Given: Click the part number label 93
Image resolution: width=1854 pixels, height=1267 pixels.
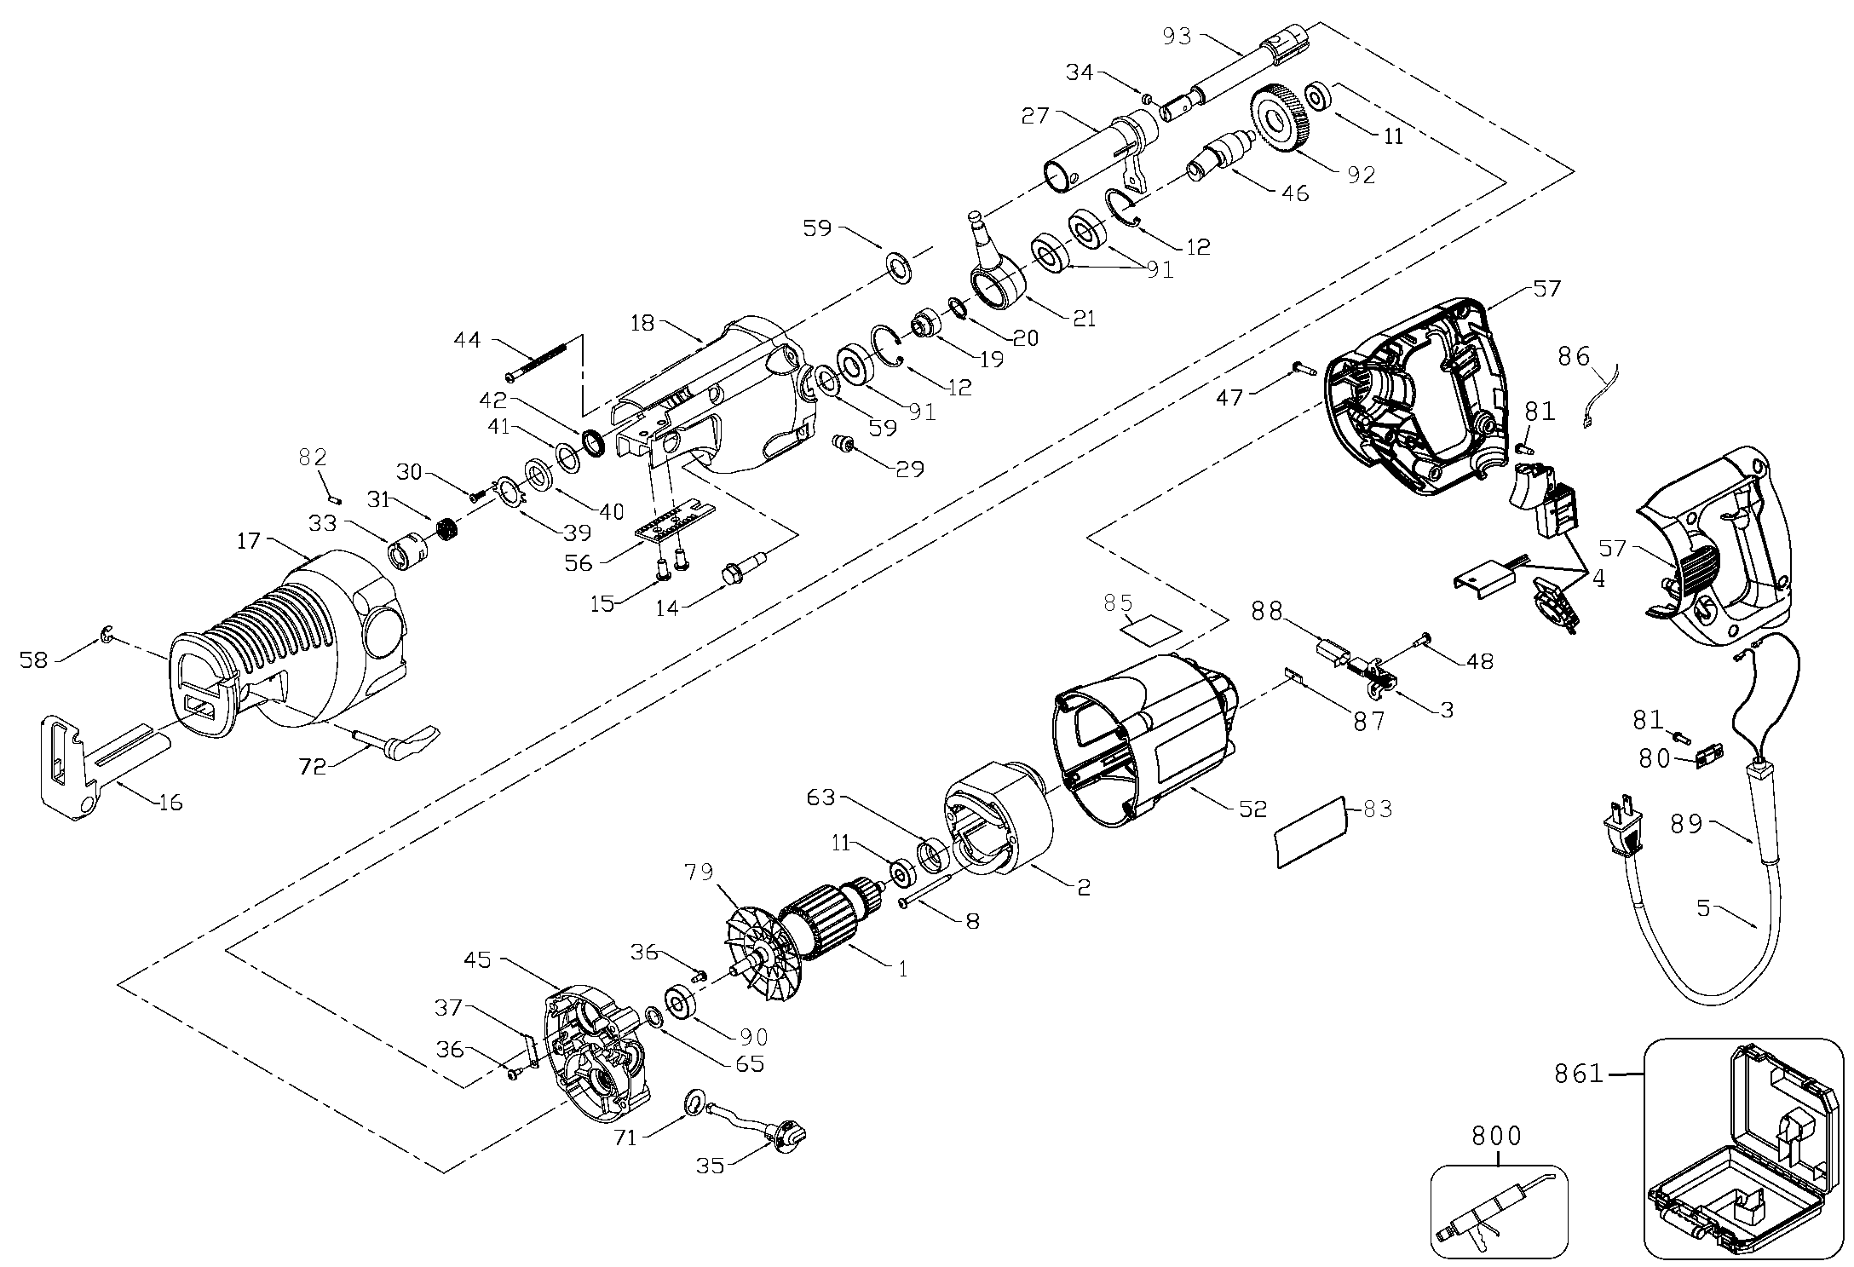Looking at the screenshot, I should click(1179, 36).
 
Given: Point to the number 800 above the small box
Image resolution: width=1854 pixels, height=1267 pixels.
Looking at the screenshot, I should click(1497, 1135).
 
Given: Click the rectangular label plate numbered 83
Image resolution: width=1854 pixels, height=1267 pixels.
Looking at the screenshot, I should click(1310, 832).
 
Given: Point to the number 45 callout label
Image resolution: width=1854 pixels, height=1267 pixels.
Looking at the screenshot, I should click(477, 959).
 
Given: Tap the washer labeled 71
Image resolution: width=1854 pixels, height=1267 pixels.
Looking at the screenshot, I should click(694, 1105).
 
